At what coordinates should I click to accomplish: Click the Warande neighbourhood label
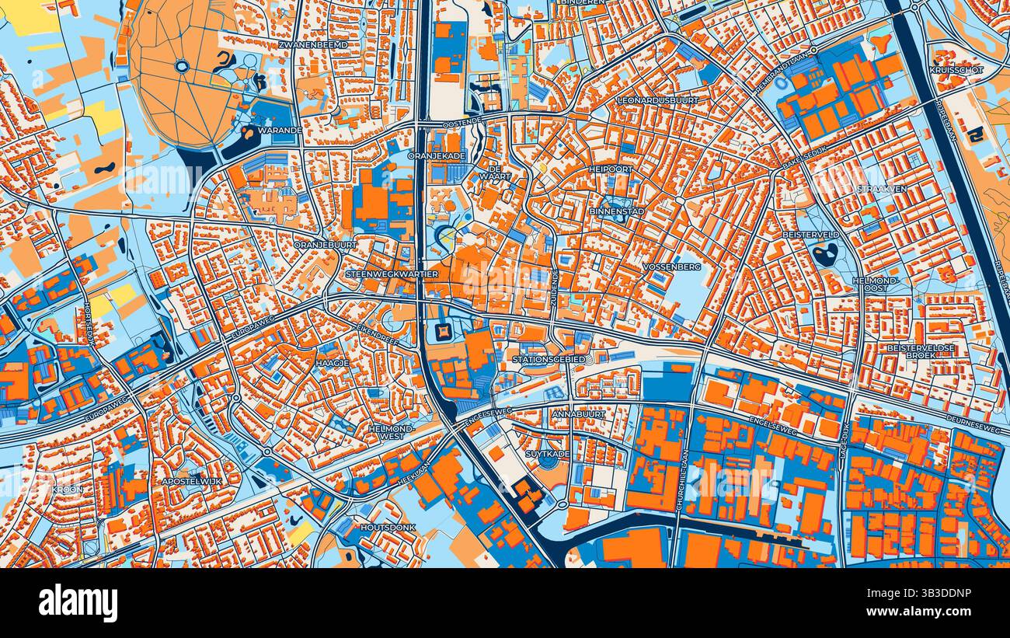click(280, 130)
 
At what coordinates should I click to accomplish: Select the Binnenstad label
click(617, 211)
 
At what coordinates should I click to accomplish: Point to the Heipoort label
click(611, 169)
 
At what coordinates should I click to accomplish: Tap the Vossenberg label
click(672, 267)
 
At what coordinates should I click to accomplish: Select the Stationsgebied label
click(547, 360)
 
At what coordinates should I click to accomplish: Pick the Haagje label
click(332, 362)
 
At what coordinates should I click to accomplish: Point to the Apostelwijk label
click(188, 482)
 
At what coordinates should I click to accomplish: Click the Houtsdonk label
click(388, 527)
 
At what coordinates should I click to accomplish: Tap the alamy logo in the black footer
click(78, 602)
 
